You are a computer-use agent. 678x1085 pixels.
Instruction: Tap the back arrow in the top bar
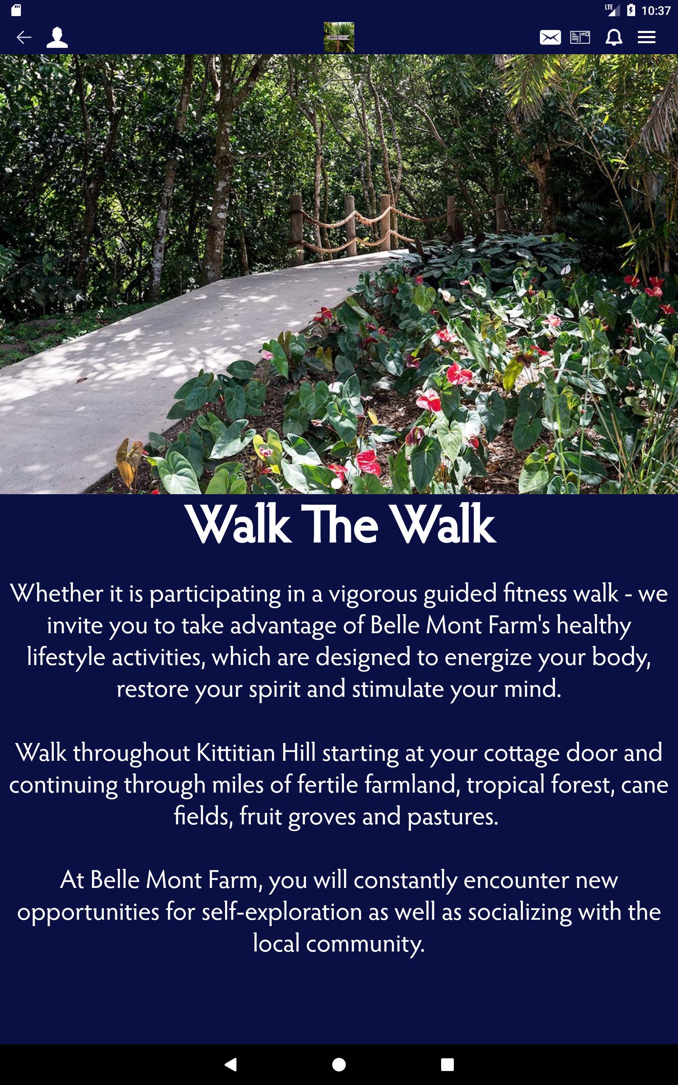pos(24,37)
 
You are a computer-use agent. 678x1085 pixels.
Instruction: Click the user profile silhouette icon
pos(57,37)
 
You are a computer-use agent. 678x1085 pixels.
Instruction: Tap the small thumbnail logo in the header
pos(339,37)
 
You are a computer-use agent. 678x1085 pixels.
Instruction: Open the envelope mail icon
pos(550,37)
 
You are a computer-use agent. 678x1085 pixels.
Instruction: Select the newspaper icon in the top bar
pos(580,37)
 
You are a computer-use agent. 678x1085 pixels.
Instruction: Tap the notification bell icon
pos(614,37)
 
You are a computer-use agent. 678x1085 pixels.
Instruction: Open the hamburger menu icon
pos(647,37)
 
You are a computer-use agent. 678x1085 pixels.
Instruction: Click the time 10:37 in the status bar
pos(656,11)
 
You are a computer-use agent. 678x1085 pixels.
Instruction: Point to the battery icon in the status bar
pos(631,10)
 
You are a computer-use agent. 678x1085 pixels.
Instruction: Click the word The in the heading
pos(339,524)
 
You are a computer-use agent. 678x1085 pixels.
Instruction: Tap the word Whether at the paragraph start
pos(57,593)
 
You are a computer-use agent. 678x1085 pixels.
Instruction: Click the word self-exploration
pos(282,912)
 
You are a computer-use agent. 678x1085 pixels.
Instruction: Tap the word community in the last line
pos(365,944)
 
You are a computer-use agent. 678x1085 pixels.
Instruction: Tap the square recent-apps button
pos(447,1064)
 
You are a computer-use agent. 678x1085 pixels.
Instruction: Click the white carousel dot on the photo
pos(336,483)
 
